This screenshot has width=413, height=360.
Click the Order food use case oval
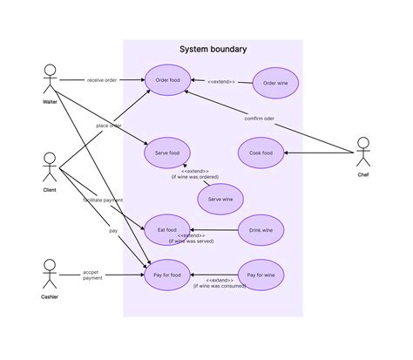point(167,81)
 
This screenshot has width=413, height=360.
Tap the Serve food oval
point(167,153)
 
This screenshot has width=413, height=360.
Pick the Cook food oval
point(261,153)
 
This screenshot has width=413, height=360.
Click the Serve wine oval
point(220,200)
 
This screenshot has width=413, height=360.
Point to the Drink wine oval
point(261,230)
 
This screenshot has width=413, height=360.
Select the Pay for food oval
point(167,275)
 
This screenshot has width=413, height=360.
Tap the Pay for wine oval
point(261,275)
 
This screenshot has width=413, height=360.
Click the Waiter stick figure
point(50,80)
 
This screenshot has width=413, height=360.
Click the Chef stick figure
point(362,153)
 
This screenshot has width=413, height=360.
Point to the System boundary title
point(212,50)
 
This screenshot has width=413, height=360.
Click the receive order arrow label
point(103,80)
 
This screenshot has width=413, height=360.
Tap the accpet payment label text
point(92,275)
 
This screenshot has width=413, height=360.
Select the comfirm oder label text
point(260,119)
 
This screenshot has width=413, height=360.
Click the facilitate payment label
point(103,200)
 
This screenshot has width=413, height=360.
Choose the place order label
point(109,126)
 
